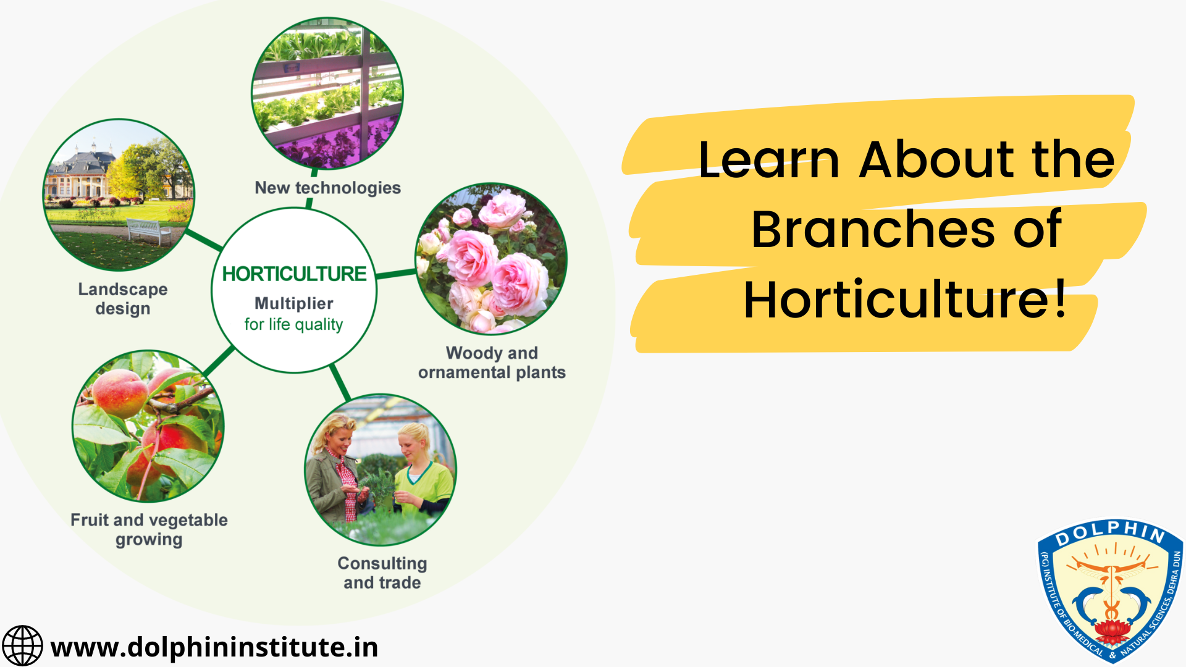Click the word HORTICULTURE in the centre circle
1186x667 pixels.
[x=294, y=274]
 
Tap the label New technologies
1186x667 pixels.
[x=327, y=188]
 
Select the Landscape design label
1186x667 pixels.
[x=123, y=299]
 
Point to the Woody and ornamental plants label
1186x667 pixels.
[x=492, y=363]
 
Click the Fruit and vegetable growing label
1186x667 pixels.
[x=149, y=529]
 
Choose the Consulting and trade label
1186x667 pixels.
[x=382, y=573]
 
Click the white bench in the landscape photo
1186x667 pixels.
[x=149, y=231]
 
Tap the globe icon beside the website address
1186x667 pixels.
[x=22, y=646]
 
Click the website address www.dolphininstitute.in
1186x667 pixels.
[x=214, y=647]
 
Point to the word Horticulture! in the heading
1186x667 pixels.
[x=905, y=300]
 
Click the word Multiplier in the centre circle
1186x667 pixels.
[x=294, y=303]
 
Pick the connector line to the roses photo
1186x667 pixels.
[x=396, y=274]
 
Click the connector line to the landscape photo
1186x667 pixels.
[x=204, y=240]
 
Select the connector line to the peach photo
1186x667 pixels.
[x=219, y=361]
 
